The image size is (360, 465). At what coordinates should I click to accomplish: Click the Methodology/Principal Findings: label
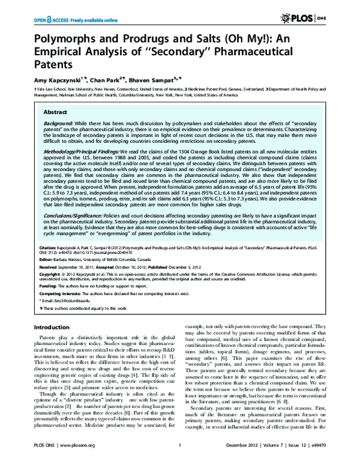point(89,152)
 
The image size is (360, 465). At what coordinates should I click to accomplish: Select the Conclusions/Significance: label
point(81,212)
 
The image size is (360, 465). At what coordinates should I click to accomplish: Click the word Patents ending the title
point(55,62)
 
